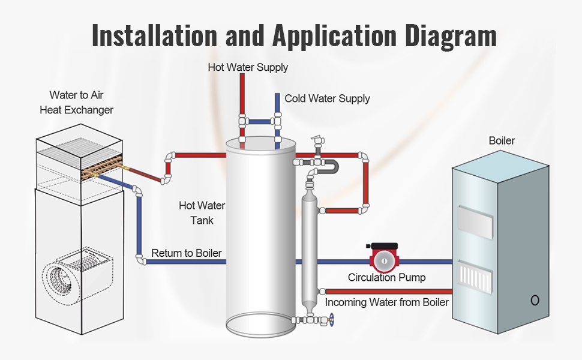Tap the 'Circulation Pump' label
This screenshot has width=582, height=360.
387,278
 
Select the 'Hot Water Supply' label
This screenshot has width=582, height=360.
248,67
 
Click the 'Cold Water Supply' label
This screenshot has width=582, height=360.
327,98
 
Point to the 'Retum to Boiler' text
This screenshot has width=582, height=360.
187,253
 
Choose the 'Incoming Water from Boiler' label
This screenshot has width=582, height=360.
387,302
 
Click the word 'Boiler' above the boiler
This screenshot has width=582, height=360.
502,141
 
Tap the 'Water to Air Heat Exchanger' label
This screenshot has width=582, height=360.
76,103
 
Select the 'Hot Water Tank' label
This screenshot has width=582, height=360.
202,213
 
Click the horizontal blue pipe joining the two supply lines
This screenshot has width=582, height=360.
260,121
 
